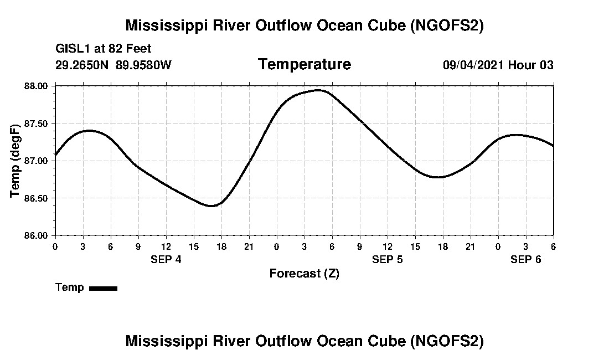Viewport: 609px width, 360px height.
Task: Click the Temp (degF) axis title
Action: click(x=16, y=160)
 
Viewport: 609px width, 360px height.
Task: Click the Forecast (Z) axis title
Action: click(x=304, y=273)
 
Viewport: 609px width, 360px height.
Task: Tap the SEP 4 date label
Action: click(x=166, y=259)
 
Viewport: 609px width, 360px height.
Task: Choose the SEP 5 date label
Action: click(x=388, y=259)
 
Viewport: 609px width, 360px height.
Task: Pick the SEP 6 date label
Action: click(x=525, y=259)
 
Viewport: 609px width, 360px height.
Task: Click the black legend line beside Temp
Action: click(x=103, y=288)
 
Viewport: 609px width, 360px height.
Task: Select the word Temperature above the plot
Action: click(x=304, y=64)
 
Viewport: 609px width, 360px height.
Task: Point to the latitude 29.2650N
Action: click(x=83, y=65)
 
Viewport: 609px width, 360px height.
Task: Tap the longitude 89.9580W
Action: click(x=144, y=65)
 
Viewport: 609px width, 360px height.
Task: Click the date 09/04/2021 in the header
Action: click(x=473, y=65)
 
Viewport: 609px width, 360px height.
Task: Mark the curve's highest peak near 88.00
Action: click(x=318, y=90)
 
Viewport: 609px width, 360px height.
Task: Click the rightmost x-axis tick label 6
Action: click(x=554, y=246)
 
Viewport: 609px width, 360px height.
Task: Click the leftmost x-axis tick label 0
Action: click(x=55, y=246)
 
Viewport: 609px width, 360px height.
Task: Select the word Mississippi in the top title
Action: click(x=164, y=25)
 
